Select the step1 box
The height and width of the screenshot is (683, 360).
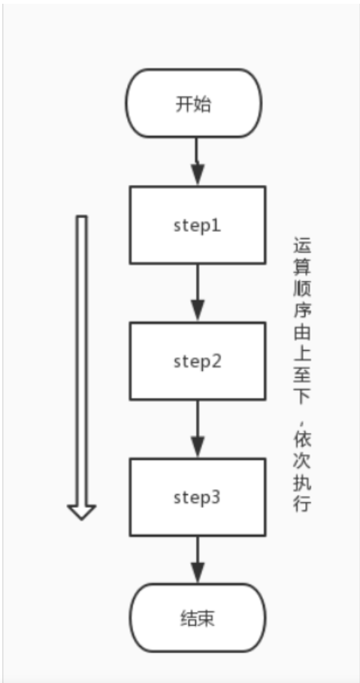click(x=196, y=225)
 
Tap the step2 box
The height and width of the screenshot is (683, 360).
click(x=196, y=361)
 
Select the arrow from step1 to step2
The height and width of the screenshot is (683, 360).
click(x=196, y=293)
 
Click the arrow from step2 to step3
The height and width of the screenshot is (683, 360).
click(x=196, y=429)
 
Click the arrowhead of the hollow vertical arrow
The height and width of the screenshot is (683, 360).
click(x=82, y=511)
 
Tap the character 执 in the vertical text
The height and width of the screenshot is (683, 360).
click(x=301, y=481)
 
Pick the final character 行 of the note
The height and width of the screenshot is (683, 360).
click(x=301, y=503)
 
